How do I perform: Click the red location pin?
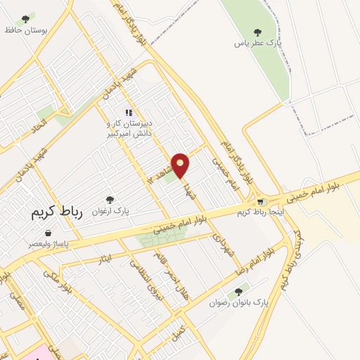click(180, 165)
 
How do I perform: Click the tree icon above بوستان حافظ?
click(26, 19)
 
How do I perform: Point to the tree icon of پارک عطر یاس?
click(257, 31)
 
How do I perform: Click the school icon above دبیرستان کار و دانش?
click(128, 112)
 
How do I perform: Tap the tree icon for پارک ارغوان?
click(109, 200)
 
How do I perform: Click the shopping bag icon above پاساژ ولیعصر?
click(47, 233)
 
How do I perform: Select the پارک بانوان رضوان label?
click(239, 303)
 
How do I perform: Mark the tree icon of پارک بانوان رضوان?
click(239, 291)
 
